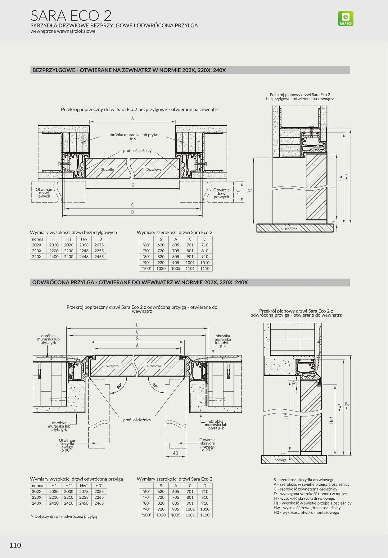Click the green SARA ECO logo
345,19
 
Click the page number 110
15,545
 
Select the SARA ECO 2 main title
71,16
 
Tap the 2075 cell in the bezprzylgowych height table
99,245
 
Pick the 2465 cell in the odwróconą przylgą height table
99,503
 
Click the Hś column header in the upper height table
69,239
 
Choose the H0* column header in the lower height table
99,486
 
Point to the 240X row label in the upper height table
37,257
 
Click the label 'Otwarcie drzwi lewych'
44,193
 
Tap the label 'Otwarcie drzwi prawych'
221,193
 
